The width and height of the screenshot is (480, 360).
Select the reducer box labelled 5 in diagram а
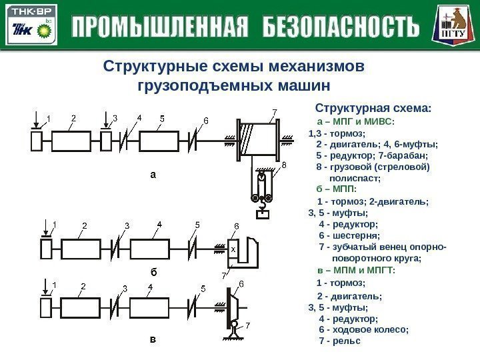[x=161, y=142]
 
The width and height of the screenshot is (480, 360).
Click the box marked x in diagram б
[x=233, y=249]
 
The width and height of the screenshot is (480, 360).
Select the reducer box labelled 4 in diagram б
[x=157, y=249]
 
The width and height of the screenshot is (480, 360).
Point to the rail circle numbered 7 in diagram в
[x=235, y=325]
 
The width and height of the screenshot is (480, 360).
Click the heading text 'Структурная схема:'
[x=373, y=108]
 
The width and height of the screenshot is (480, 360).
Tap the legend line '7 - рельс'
[x=340, y=341]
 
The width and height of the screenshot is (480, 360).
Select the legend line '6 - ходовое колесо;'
[x=363, y=329]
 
